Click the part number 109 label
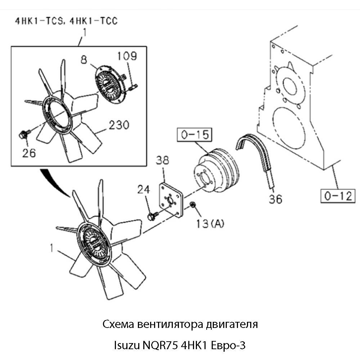[127, 56]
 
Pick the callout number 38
[162, 161]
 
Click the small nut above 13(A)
[193, 205]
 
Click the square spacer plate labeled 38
[171, 200]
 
